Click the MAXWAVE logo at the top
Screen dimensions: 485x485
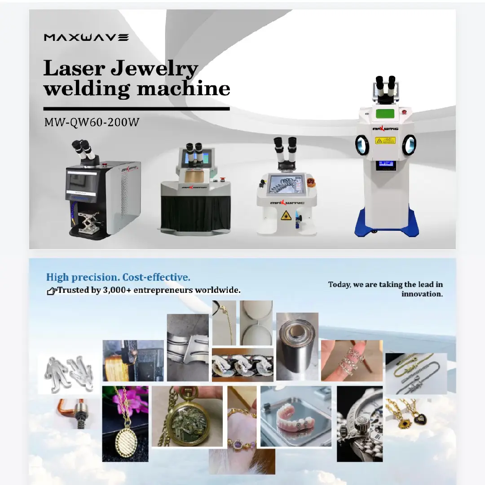click(x=86, y=37)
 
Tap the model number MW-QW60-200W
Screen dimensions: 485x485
click(x=92, y=123)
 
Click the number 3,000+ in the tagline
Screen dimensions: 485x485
click(x=118, y=290)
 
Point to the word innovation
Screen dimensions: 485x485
click(x=422, y=294)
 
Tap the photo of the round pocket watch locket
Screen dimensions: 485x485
click(x=187, y=417)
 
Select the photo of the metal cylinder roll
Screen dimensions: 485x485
click(x=297, y=346)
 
